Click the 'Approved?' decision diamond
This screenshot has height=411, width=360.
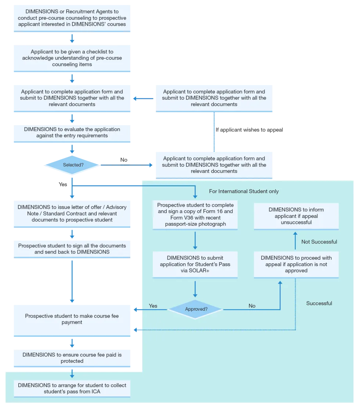(195, 309)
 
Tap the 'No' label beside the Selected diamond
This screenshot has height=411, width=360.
(124, 160)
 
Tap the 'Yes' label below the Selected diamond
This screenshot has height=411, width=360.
(63, 184)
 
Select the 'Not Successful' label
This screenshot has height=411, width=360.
(319, 242)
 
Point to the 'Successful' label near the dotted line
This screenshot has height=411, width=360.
(319, 303)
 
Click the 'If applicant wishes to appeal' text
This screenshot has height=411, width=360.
(249, 130)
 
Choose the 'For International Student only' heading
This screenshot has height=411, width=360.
(244, 191)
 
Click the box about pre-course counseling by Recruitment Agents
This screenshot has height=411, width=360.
(72, 18)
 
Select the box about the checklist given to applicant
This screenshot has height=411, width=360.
(72, 58)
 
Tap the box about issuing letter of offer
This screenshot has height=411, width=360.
(72, 214)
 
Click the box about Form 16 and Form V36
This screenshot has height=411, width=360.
(195, 214)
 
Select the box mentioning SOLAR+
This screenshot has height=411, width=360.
(195, 264)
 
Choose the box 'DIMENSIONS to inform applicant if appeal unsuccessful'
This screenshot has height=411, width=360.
(296, 216)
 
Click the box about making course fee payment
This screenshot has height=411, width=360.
(72, 320)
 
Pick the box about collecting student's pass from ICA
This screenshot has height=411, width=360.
(72, 389)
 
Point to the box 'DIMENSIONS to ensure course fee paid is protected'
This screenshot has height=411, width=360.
(72, 358)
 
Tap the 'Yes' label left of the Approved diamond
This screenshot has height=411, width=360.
(153, 306)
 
